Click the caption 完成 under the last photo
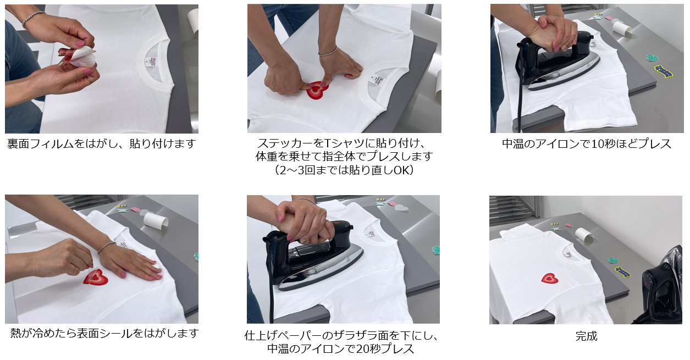point(586,336)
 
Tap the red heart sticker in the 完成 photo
point(550,279)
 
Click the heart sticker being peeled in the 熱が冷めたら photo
point(96,277)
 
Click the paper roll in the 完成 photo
point(584,235)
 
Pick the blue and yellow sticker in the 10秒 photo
point(663,71)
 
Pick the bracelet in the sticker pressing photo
point(328,51)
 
